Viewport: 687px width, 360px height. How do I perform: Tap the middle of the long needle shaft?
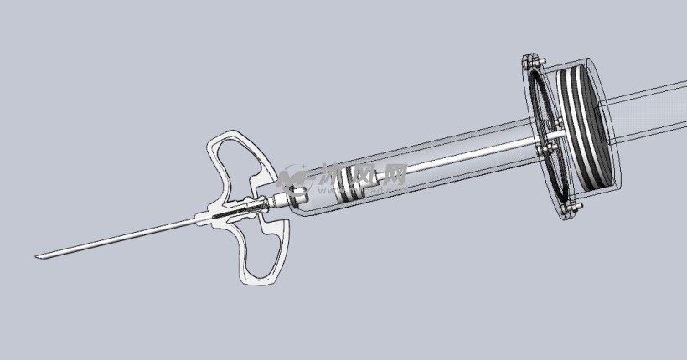[117, 239]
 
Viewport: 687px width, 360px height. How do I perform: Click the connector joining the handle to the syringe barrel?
[285, 200]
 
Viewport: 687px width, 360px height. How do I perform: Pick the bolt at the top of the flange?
[530, 61]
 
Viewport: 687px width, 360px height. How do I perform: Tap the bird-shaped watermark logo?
[295, 177]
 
